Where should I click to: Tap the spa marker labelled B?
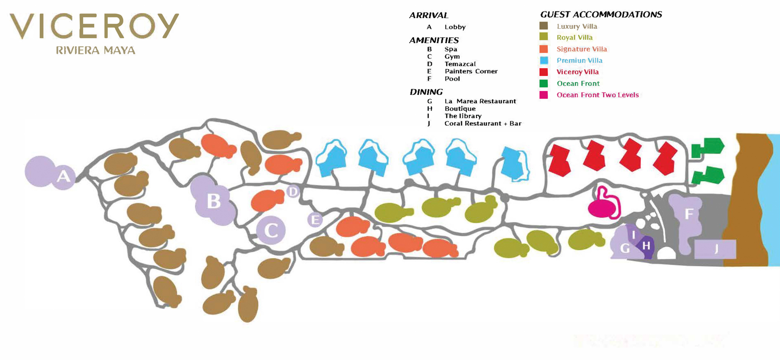tap(214, 201)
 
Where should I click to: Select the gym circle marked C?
tap(271, 230)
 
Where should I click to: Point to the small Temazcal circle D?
tap(293, 192)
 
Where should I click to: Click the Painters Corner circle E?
tap(315, 220)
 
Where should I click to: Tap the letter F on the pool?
tap(689, 213)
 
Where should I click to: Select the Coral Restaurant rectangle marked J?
tap(715, 249)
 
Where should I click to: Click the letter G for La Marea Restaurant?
tap(625, 248)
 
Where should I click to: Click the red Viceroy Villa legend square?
tap(543, 72)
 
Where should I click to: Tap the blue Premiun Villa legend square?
tap(543, 61)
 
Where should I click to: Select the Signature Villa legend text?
tap(582, 49)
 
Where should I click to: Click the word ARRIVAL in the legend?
tap(429, 16)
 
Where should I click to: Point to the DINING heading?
tap(426, 92)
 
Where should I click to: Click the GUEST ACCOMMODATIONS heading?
tap(601, 15)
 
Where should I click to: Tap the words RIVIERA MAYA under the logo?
tap(95, 50)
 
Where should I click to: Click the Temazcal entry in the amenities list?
tap(460, 64)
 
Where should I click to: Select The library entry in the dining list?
tap(463, 116)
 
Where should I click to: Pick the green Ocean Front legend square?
tap(543, 84)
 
